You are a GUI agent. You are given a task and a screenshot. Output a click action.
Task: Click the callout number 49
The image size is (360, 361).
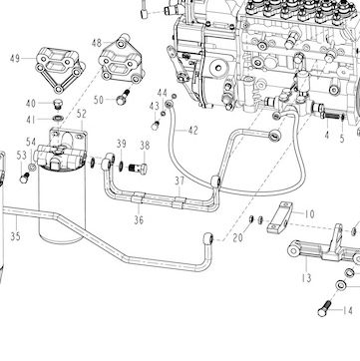pos(15,59)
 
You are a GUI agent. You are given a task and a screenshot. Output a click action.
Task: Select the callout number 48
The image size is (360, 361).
pos(97,43)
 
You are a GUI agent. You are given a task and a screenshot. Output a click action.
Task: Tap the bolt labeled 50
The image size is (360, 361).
pos(123,97)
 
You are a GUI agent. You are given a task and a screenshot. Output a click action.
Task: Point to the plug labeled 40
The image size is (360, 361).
pos(58,104)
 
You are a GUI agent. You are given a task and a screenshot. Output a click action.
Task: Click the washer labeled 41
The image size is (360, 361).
pos(58,118)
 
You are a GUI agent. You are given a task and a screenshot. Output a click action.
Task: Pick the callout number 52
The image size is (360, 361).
pos(82,114)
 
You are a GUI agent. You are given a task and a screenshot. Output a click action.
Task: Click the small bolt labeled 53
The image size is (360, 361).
pos(24,178)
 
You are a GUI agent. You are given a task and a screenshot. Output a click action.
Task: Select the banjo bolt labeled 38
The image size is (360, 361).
pos(138,168)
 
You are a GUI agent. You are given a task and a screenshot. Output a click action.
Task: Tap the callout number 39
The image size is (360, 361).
pos(122,144)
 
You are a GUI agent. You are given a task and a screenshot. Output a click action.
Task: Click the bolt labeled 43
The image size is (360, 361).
pos(155,126)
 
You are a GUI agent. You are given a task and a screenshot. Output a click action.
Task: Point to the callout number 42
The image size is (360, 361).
pos(193,131)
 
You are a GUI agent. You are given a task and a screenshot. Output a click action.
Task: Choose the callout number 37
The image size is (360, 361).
pos(180,181)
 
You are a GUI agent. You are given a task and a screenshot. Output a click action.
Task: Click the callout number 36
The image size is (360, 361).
pos(139,219)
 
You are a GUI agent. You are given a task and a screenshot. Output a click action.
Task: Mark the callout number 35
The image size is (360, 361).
pos(15,236)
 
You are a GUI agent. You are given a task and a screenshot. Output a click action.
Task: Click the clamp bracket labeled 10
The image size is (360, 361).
pos(279,217)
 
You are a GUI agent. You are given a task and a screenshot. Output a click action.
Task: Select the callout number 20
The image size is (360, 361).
pos(237,237)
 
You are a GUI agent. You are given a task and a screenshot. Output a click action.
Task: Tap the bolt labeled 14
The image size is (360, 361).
pos(325,309)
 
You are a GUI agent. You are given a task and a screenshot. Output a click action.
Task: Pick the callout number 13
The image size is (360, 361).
pos(306,277)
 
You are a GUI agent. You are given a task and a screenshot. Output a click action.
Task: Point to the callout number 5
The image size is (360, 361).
pos(342,139)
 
